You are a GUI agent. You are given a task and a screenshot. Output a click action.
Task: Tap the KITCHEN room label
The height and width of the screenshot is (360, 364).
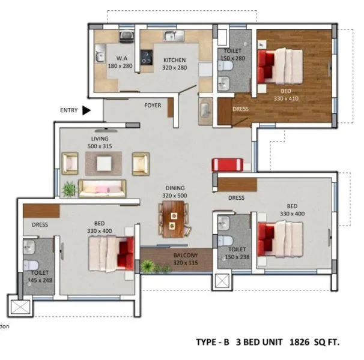(174, 60)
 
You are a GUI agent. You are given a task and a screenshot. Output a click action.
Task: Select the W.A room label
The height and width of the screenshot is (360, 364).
(120, 58)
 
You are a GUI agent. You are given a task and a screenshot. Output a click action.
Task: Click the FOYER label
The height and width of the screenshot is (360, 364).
(153, 106)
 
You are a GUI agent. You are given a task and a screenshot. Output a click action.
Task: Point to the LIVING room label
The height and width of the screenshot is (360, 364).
(100, 139)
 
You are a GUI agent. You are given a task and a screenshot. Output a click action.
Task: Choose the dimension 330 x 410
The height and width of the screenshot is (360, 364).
(286, 98)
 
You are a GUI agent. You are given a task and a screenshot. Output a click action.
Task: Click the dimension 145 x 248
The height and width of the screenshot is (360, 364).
(40, 280)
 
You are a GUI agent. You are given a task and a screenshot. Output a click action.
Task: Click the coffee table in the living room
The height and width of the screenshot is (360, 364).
(104, 163)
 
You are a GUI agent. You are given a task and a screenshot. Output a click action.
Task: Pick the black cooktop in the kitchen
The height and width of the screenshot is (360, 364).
(146, 58)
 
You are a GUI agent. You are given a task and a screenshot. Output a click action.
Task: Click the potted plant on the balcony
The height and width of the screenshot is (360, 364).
(147, 265)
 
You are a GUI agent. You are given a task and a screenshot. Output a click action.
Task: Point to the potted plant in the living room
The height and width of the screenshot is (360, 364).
(69, 189)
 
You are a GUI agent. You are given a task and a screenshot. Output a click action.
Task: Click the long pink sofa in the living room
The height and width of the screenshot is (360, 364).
(102, 188)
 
